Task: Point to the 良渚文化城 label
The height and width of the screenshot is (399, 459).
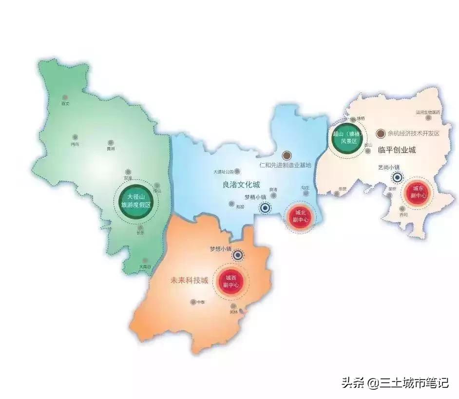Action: [x=240, y=186]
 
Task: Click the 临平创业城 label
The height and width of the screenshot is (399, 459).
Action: [x=397, y=151]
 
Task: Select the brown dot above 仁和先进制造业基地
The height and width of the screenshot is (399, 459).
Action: [x=287, y=155]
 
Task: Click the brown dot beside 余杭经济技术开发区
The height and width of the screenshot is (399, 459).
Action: [x=381, y=133]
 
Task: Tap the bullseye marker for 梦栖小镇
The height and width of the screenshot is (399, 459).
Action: [x=265, y=208]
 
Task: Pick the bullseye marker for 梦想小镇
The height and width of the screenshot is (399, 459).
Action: [x=238, y=255]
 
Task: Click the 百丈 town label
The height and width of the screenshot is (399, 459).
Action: [x=66, y=103]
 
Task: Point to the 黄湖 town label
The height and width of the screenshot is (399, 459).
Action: [x=111, y=149]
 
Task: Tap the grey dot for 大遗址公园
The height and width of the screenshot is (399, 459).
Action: [x=237, y=171]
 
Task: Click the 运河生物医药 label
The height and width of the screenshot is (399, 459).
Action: [x=428, y=113]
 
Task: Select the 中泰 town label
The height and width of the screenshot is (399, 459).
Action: [x=201, y=302]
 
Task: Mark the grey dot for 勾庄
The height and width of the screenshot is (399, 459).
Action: [x=306, y=193]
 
